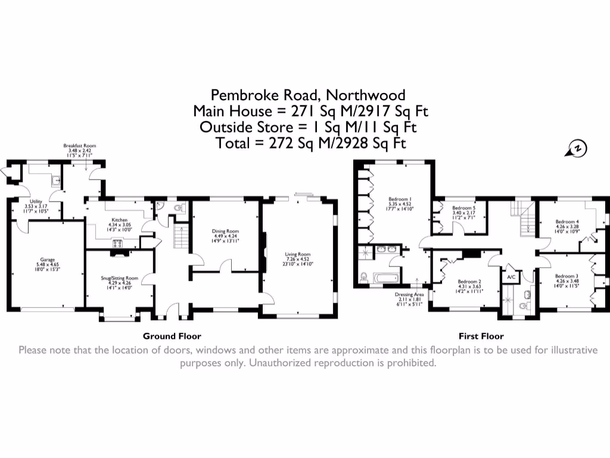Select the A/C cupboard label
(x=511, y=277)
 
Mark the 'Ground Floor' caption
(x=172, y=336)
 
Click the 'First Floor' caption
(x=481, y=336)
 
